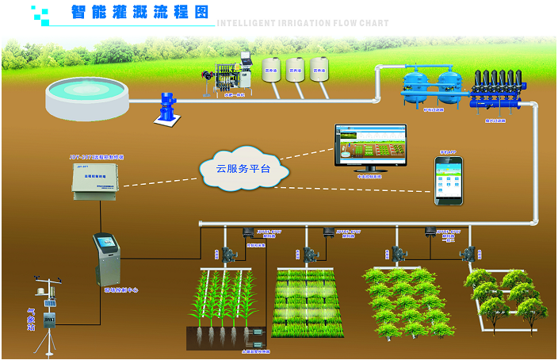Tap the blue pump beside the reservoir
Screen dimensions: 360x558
point(165,108)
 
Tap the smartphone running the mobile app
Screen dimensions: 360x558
point(447,181)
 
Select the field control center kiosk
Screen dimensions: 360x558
point(105,259)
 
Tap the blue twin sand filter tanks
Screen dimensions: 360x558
point(431,85)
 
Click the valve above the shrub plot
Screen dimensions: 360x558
point(398,254)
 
